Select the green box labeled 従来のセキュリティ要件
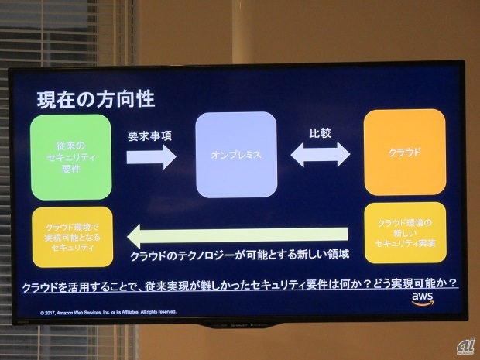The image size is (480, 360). point(71,157)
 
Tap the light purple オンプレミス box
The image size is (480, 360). point(236,154)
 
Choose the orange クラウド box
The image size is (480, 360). point(405,152)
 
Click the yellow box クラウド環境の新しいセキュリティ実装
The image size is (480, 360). point(405,232)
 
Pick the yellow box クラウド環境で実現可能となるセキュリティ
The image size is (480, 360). point(72,237)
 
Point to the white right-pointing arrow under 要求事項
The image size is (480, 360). point(151,157)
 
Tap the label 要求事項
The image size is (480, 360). point(149,135)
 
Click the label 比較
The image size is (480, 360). point(320,133)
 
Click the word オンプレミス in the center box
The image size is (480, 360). point(236,155)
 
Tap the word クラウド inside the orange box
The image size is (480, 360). point(405,152)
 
